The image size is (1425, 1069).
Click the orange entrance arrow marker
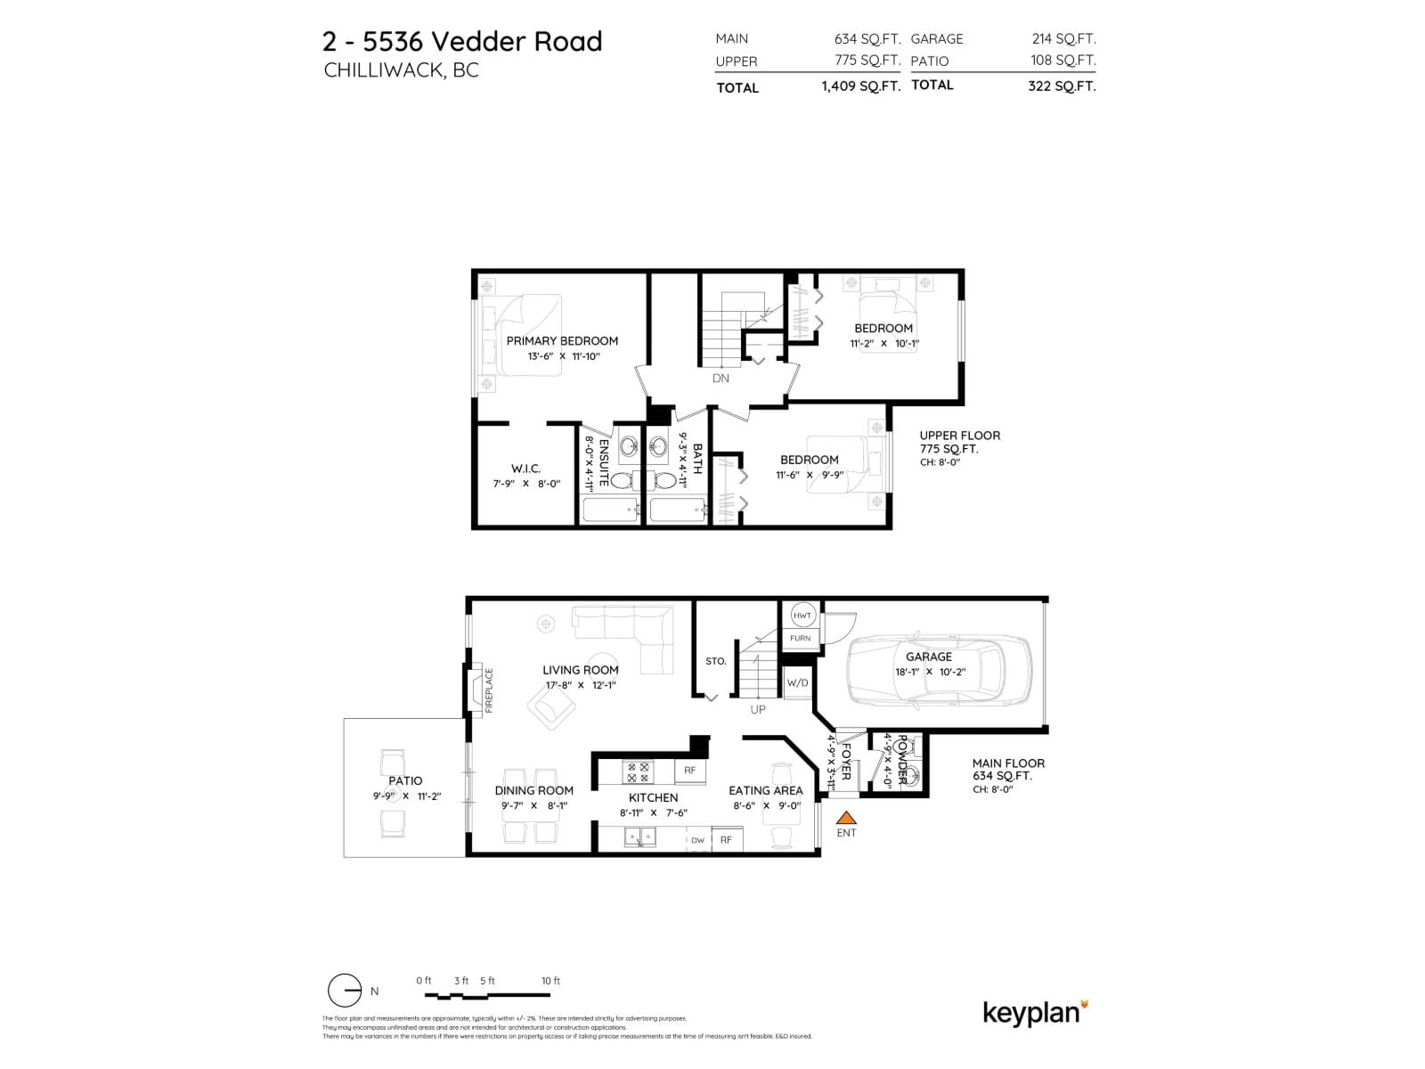click(x=846, y=817)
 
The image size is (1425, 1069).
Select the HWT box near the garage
click(x=802, y=616)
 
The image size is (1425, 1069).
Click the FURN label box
click(x=800, y=639)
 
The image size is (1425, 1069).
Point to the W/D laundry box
click(x=797, y=683)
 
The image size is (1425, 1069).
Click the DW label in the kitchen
click(x=697, y=840)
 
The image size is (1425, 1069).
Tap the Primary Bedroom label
click(x=562, y=340)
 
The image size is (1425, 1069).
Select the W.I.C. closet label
click(x=525, y=469)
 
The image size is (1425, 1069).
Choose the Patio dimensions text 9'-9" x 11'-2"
click(x=407, y=796)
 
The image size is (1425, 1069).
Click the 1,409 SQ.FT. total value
click(x=860, y=86)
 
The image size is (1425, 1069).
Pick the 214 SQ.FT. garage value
click(x=1063, y=38)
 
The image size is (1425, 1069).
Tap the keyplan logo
click(x=1035, y=1013)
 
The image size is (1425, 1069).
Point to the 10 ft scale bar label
click(x=550, y=981)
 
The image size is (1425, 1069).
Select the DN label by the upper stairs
click(x=721, y=378)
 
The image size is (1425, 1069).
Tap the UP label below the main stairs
click(x=758, y=710)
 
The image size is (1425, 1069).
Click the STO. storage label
click(x=716, y=661)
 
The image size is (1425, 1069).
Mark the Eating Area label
click(x=765, y=790)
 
